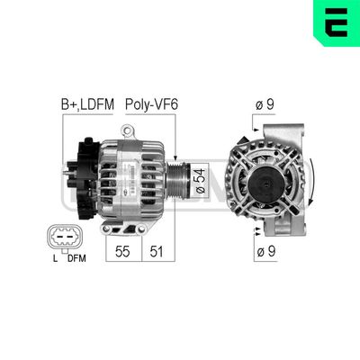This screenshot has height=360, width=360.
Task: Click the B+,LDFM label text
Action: [86, 105]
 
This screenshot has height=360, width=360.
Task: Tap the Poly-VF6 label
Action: [151, 105]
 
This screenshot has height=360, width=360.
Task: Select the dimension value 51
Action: [156, 252]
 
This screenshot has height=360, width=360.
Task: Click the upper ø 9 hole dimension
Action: [265, 105]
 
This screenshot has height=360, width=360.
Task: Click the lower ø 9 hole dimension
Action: [265, 251]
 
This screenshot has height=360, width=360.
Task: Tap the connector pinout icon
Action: [63, 238]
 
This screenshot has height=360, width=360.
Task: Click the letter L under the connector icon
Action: [54, 260]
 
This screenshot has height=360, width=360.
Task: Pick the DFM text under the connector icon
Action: [76, 260]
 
